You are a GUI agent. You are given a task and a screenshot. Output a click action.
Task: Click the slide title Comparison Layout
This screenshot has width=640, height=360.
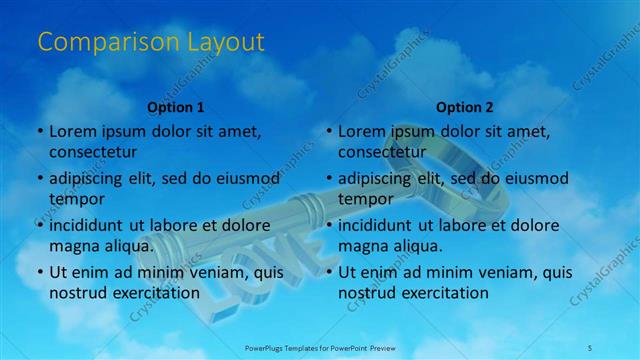[x=151, y=42]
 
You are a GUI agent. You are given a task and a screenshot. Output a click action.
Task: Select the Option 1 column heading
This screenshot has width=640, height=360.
[x=176, y=106]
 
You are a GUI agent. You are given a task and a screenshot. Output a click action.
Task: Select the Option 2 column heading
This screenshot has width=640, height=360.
[x=465, y=106]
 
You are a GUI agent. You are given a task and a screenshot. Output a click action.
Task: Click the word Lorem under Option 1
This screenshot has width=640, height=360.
[x=72, y=131]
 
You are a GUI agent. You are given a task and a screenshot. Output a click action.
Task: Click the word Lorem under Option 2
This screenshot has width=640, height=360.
[x=361, y=131]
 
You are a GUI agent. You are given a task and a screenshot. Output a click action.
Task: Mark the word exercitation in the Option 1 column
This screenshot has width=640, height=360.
[x=153, y=293]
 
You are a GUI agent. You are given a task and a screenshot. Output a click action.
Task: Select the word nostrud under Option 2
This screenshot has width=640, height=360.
[x=368, y=293]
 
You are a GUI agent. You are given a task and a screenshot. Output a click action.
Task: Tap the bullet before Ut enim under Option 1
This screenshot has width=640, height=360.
[x=39, y=272]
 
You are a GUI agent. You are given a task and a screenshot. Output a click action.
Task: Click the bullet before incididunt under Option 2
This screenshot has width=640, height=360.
[x=328, y=225]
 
